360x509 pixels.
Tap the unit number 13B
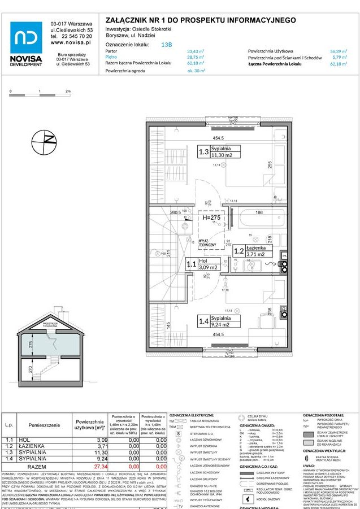[x=167, y=43]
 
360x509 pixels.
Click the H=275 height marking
[x=211, y=216]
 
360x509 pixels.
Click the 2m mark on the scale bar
[x=68, y=91]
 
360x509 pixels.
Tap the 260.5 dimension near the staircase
[x=176, y=212]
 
